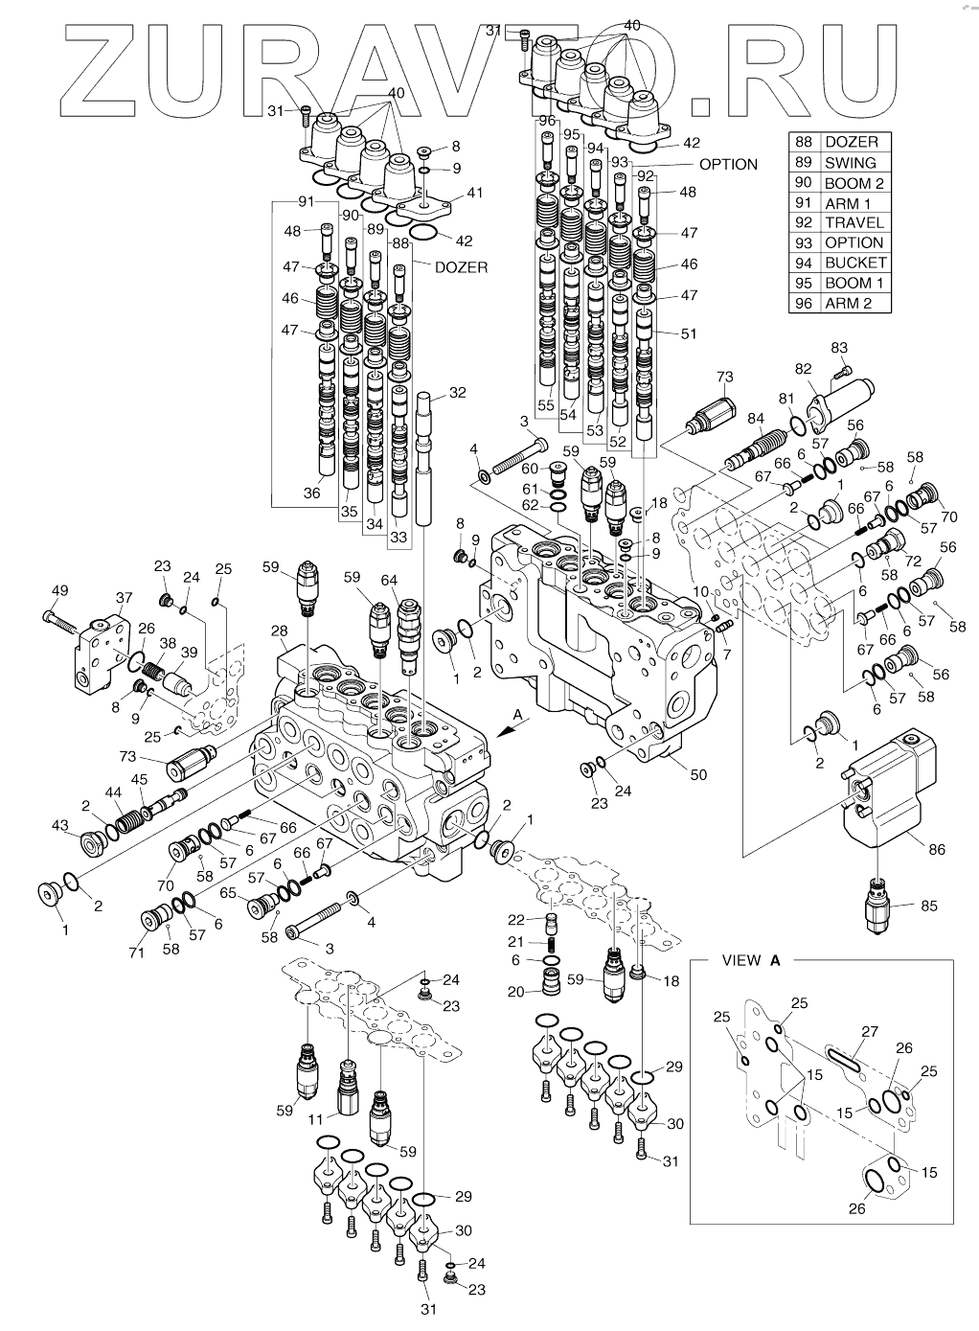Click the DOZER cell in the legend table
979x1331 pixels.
852,142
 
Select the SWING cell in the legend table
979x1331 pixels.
851,162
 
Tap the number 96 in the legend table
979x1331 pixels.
803,303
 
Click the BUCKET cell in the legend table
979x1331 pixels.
855,263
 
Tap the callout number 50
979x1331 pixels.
699,773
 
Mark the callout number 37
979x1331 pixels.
124,597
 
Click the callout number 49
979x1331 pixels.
58,591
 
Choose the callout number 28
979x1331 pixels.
279,631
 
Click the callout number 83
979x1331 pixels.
839,347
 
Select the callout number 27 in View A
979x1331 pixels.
869,1031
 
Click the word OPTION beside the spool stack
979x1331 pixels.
728,164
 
